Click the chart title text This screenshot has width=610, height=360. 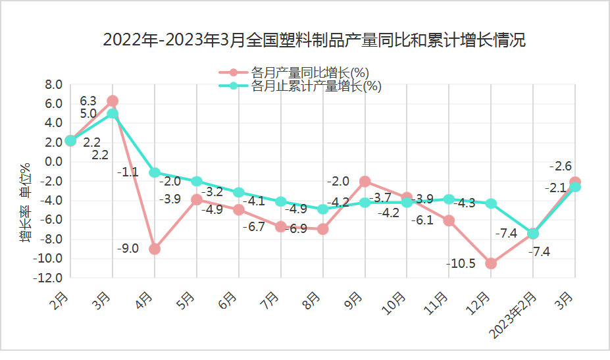[315, 40]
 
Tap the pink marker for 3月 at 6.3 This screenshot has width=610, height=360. [113, 101]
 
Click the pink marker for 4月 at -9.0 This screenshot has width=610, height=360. [155, 249]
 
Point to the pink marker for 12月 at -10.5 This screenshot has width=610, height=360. [491, 263]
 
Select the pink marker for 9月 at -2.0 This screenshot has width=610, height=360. [365, 181]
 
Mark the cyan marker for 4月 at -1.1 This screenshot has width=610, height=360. [155, 172]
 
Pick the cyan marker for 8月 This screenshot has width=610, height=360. [323, 209]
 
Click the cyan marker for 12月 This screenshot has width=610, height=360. [491, 203]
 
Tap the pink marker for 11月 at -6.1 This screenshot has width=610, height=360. [449, 220]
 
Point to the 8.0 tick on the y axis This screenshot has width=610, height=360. [53, 84]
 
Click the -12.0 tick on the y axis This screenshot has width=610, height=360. [49, 278]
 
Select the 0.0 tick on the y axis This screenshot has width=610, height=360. [53, 162]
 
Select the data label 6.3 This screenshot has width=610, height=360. [88, 101]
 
